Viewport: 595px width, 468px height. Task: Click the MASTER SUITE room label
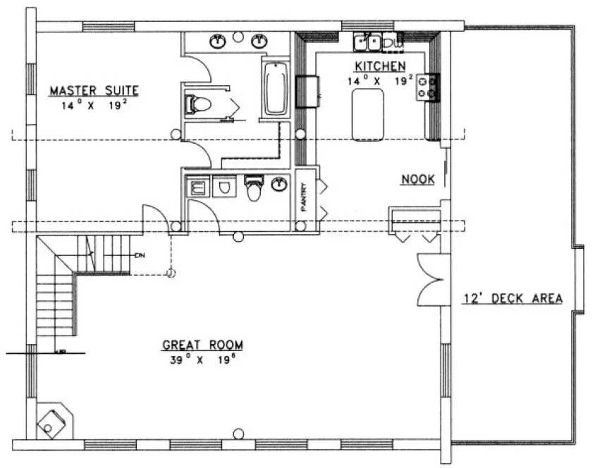pyautogui.click(x=94, y=90)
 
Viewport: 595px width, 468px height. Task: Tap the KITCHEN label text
pyautogui.click(x=380, y=66)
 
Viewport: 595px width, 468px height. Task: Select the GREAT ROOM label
pyautogui.click(x=202, y=345)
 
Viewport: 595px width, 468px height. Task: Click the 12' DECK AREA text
pyautogui.click(x=513, y=298)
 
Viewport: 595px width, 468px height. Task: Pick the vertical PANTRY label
pyautogui.click(x=305, y=197)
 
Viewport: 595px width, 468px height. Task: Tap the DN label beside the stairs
pyautogui.click(x=140, y=255)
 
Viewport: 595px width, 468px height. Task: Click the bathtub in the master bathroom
pyautogui.click(x=275, y=89)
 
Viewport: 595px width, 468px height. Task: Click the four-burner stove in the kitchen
pyautogui.click(x=427, y=87)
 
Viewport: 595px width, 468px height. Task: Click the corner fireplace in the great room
pyautogui.click(x=53, y=421)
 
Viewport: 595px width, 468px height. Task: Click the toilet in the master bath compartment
pyautogui.click(x=198, y=105)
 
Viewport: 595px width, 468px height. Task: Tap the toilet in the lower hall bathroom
pyautogui.click(x=254, y=188)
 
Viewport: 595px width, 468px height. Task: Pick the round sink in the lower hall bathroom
pyautogui.click(x=280, y=185)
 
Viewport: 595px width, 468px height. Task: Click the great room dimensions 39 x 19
pyautogui.click(x=202, y=359)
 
